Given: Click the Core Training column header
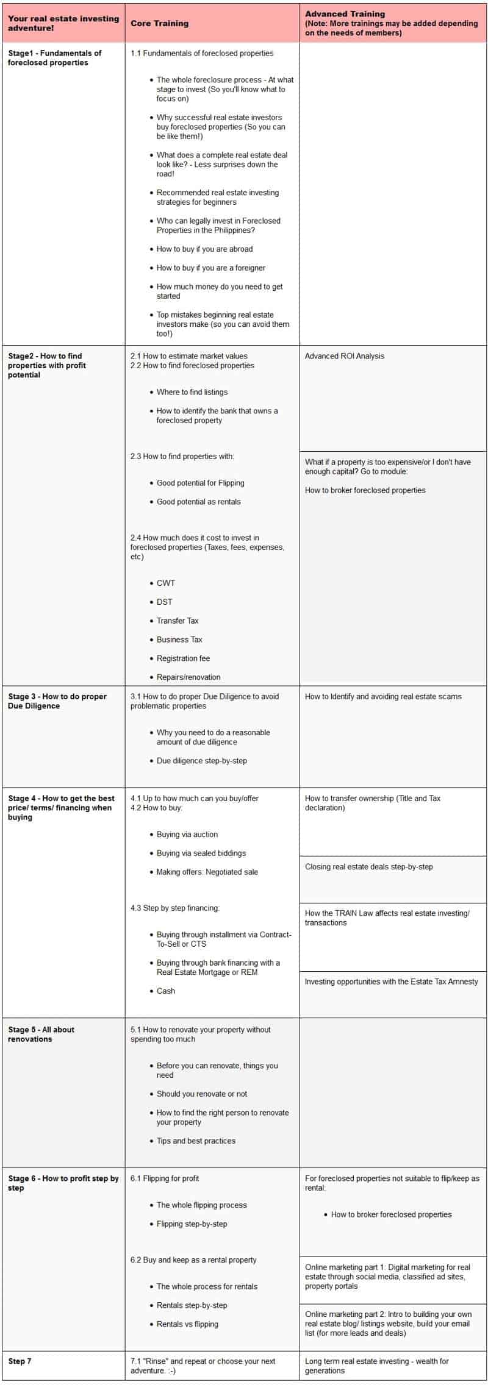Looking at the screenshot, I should pos(159,23).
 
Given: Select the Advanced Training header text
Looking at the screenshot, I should pos(345,13).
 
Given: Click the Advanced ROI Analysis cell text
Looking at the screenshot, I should pos(345,356).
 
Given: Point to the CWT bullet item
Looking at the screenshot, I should pos(165,583).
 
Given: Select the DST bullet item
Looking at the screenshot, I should pos(164,602).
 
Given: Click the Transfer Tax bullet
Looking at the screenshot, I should pos(178,621).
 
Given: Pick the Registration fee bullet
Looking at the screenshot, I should pos(183,658).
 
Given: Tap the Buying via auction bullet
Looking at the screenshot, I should pos(187,835).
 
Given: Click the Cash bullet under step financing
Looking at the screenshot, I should pos(165,991).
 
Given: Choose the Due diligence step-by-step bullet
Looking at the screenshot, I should pos(201,761).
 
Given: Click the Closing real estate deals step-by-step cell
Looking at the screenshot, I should pos(369,867).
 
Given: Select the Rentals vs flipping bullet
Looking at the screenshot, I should pos(187,1324).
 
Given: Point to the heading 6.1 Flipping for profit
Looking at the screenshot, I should pos(165,1178).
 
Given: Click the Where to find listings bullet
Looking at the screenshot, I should pos(192,392).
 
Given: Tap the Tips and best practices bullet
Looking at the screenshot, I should pos(196,1141).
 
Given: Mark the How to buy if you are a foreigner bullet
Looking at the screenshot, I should pos(210,268).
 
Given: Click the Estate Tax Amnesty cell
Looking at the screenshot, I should pos(391,982).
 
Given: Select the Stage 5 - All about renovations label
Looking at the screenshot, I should pos(41,1034).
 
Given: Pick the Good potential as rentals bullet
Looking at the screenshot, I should pos(198,502).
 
